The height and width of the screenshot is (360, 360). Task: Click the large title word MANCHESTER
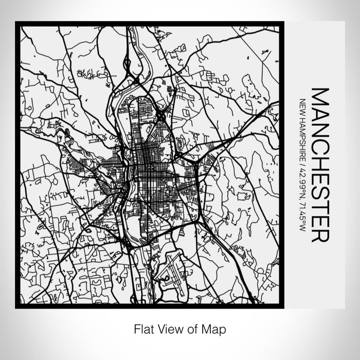pos(319,165)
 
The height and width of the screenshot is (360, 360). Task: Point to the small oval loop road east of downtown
pos(181,146)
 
